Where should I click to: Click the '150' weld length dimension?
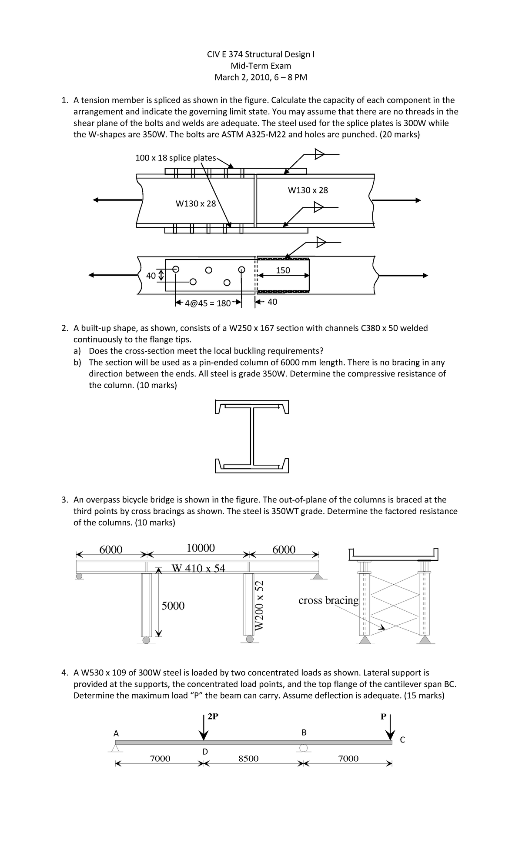[283, 270]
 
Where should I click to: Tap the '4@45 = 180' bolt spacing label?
[207, 303]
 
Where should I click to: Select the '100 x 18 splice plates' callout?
[176, 158]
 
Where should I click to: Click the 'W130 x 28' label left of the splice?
[195, 203]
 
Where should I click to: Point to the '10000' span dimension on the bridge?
[201, 548]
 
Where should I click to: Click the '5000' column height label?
[173, 606]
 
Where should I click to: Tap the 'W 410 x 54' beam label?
[199, 568]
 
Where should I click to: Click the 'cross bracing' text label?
[328, 600]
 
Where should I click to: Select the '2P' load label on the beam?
[213, 717]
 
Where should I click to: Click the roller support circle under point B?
[304, 748]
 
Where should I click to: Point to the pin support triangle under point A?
[116, 748]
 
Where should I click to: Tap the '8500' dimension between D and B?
[248, 759]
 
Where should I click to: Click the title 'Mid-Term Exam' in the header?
[261, 66]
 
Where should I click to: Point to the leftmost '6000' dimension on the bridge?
[111, 549]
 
